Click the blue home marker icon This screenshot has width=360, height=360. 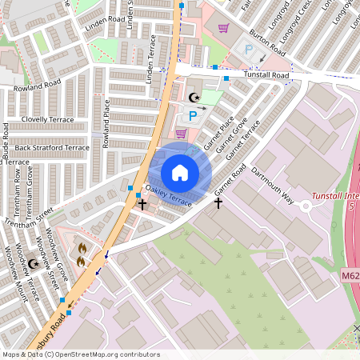pyautogui.click(x=180, y=173)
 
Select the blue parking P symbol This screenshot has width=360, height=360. pyautogui.click(x=192, y=116)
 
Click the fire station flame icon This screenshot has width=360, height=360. pyautogui.click(x=81, y=254)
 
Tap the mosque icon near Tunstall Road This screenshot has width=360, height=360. pyautogui.click(x=192, y=98)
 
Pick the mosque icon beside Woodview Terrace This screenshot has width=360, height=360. pyautogui.click(x=34, y=263)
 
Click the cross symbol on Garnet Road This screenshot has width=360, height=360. pyautogui.click(x=218, y=202)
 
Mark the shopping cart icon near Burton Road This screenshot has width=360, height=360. pyautogui.click(x=223, y=28)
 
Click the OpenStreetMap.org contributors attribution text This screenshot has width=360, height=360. pyautogui.click(x=104, y=354)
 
